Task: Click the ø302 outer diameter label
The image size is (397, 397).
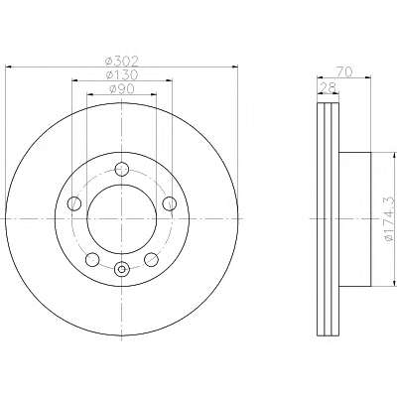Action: (121, 62)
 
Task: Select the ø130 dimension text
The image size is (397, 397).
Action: (121, 75)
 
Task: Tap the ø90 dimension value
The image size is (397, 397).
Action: (121, 88)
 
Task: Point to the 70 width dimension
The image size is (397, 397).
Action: (344, 71)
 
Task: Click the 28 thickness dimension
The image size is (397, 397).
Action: (329, 88)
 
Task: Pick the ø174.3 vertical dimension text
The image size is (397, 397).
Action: (389, 218)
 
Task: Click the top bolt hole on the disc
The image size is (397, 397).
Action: (122, 170)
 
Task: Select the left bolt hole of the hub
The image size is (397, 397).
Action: (74, 203)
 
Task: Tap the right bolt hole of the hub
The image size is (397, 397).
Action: (170, 203)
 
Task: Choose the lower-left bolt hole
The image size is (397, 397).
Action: (92, 260)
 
